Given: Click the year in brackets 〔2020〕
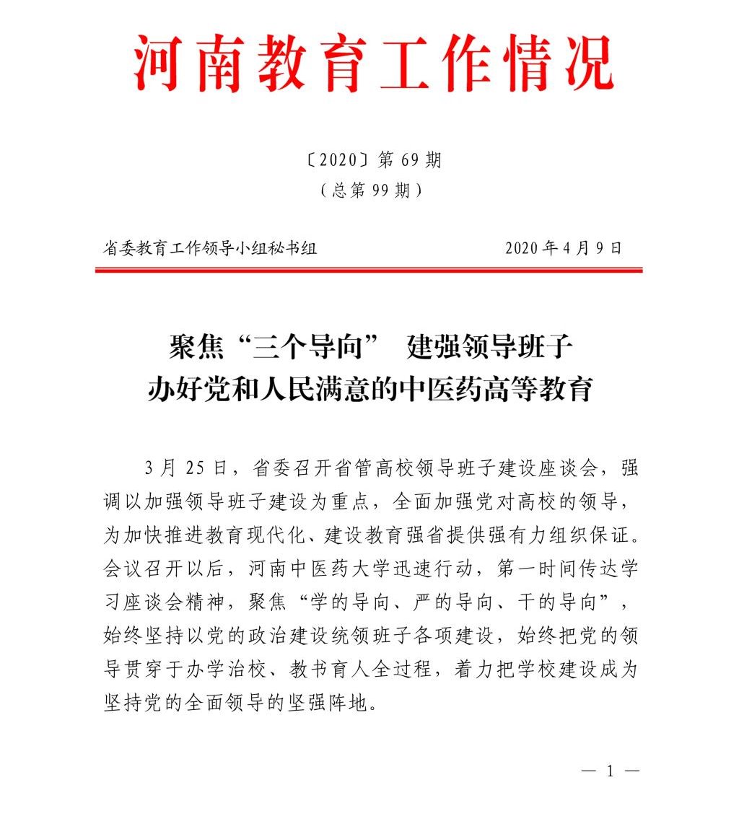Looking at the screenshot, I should pos(333,160).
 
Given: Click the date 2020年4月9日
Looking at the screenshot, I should pos(563,248).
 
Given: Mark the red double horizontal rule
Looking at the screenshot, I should pos(369,271).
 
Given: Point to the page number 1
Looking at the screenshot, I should pos(610,771).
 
